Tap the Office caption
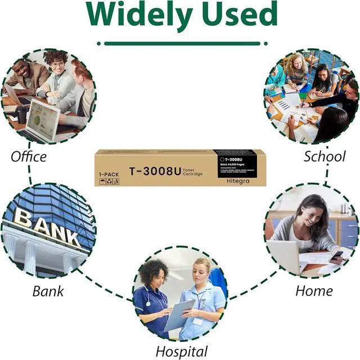pyautogui.click(x=28, y=156)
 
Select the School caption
pyautogui.click(x=324, y=156)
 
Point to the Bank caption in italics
pyautogui.click(x=48, y=291)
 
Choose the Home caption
pyautogui.click(x=314, y=291)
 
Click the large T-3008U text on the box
pyautogui.click(x=155, y=172)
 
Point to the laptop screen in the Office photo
pyautogui.click(x=43, y=119)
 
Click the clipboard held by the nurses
pyautogui.click(x=178, y=316)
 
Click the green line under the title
pyautogui.click(x=179, y=43)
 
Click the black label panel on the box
pyautogui.click(x=236, y=163)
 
